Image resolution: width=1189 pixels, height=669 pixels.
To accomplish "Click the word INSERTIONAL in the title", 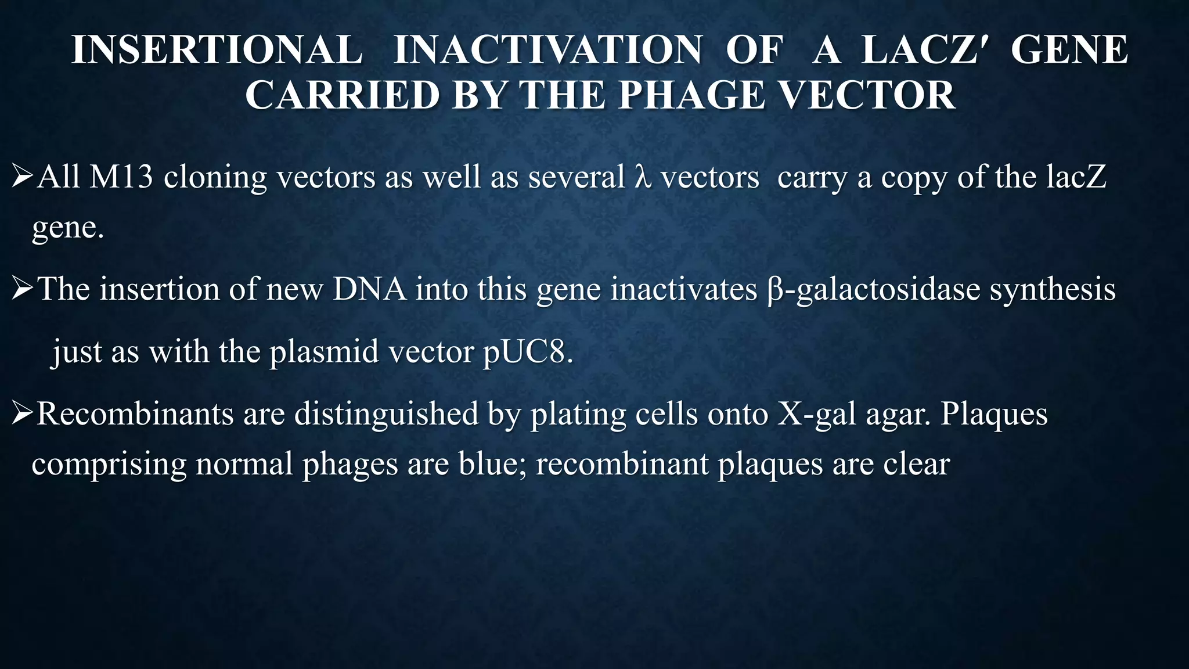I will click(217, 49).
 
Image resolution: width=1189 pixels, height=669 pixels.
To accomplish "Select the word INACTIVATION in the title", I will click(547, 49).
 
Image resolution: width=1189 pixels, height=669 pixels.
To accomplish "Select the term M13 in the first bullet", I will click(121, 177).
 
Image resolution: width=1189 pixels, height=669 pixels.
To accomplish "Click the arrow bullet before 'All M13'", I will click(23, 177).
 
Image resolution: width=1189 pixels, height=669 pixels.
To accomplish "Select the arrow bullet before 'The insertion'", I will click(23, 289).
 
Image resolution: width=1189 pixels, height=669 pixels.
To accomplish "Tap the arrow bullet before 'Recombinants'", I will click(23, 414).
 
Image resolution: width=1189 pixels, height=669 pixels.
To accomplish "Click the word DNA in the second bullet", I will click(369, 289).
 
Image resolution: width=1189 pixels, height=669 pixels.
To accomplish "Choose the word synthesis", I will click(1053, 289).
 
